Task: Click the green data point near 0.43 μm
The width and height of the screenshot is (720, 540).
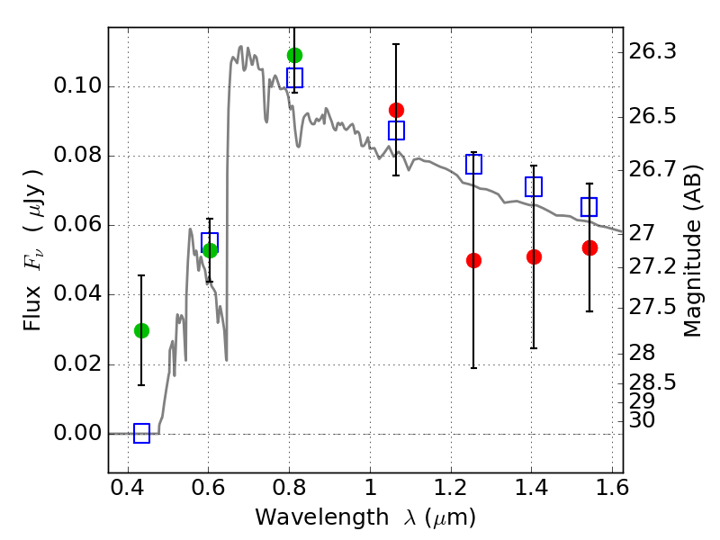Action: click(x=141, y=330)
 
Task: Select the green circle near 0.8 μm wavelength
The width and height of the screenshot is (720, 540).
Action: click(x=294, y=55)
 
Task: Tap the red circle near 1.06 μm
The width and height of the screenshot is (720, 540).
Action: click(x=396, y=110)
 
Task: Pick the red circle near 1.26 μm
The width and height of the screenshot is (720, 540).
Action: click(x=473, y=260)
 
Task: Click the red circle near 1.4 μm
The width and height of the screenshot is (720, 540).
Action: click(x=534, y=256)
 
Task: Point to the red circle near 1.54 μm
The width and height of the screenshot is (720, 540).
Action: click(x=589, y=247)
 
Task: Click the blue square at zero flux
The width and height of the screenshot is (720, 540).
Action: click(x=141, y=434)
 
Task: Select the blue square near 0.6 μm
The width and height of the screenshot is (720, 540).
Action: click(x=210, y=241)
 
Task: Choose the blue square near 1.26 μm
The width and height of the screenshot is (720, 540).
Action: click(x=473, y=164)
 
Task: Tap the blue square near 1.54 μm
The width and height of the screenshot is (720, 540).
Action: click(x=589, y=207)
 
